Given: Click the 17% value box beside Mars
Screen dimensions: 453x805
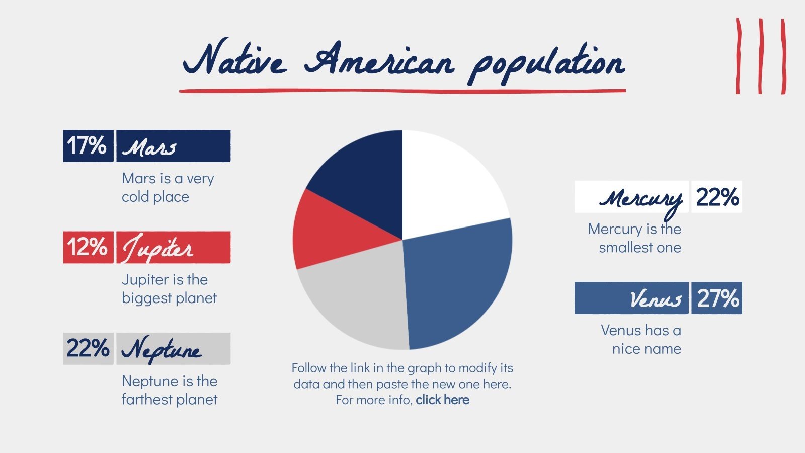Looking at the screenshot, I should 88,146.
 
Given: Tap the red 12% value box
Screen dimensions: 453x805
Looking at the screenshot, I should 88,247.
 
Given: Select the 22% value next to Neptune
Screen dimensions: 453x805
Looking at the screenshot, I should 88,348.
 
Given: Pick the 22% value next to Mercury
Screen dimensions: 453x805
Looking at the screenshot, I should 716,197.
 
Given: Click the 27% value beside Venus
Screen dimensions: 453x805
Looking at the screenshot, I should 716,298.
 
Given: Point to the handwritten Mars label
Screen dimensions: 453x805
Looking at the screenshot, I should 150,147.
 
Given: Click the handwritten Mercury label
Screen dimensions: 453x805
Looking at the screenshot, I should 640,199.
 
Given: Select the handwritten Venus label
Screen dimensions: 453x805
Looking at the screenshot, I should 656,299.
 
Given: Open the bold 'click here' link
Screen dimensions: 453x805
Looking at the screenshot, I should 443,400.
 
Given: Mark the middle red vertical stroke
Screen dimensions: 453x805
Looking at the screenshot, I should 760,56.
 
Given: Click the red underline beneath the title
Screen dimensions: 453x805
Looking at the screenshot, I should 403,91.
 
